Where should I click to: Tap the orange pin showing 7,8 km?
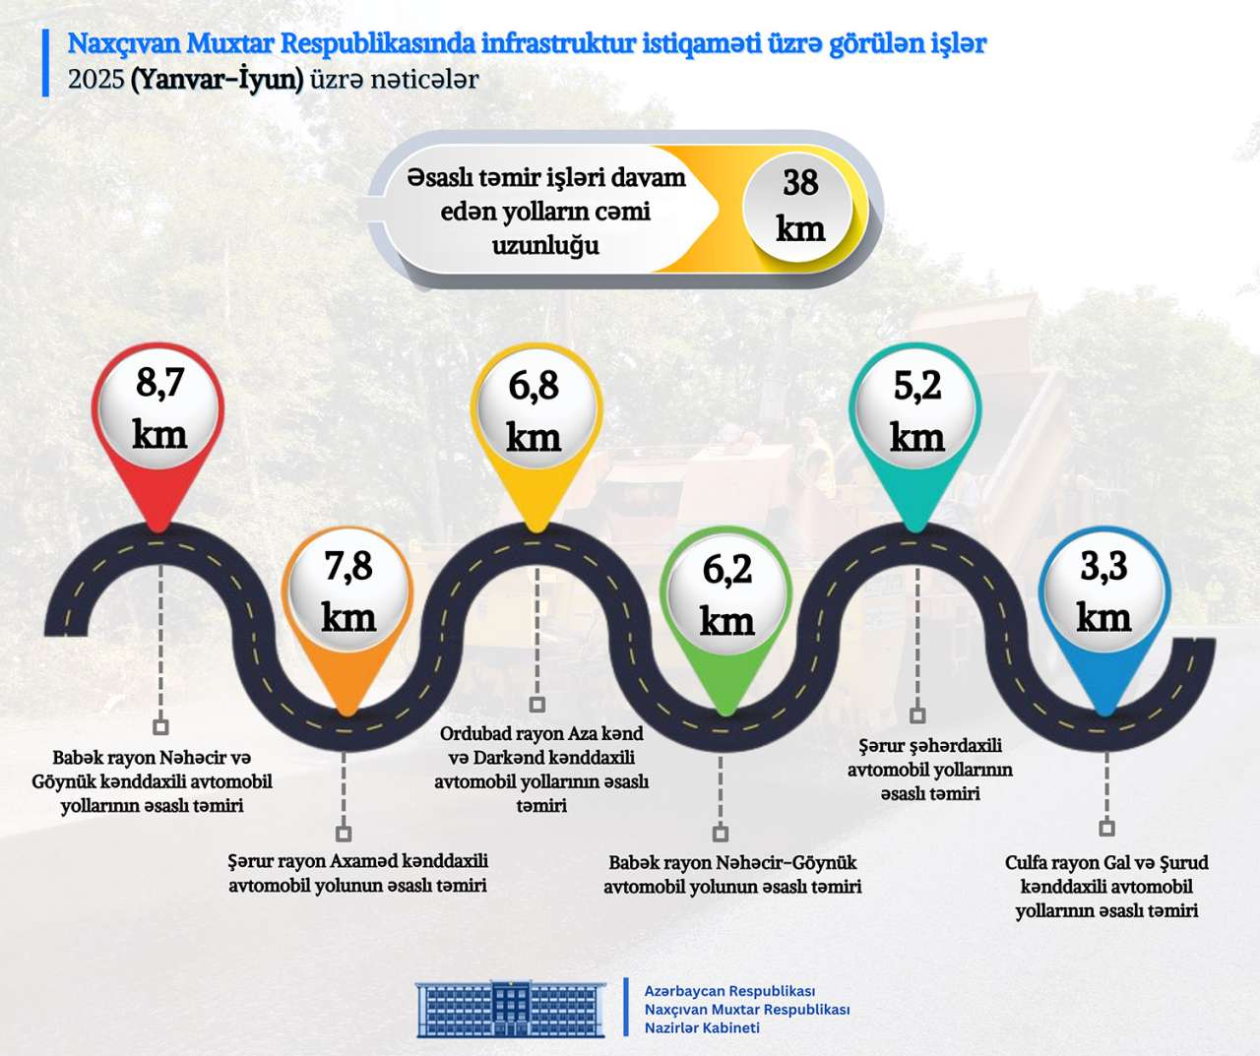point(346,594)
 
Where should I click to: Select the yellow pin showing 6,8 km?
point(535,413)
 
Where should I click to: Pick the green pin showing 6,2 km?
point(726,597)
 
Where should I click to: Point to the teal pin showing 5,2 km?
point(916,413)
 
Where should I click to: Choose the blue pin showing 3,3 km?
point(1103,594)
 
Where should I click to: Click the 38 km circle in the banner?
point(800,206)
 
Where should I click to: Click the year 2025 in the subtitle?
point(95,80)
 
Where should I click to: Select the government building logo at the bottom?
point(510,1008)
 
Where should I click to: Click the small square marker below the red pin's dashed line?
point(160,727)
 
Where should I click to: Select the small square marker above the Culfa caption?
point(1106,828)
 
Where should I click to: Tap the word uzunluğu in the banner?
point(545,245)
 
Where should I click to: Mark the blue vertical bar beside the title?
point(45,62)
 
